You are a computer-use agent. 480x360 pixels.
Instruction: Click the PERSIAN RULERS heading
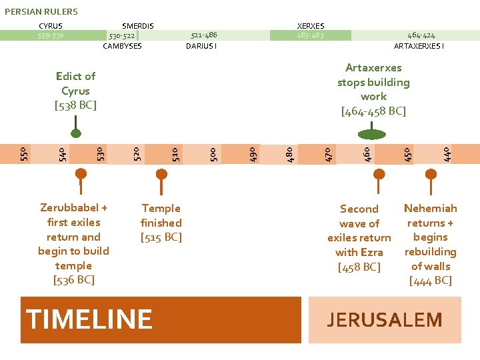(x=41, y=11)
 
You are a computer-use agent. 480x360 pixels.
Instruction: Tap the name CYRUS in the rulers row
(x=51, y=26)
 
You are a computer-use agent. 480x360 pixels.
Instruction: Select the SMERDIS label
(x=138, y=26)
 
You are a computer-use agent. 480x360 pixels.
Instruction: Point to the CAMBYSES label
(x=122, y=46)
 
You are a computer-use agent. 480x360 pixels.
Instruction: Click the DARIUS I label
(x=201, y=46)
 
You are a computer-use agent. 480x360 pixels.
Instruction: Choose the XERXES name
(x=311, y=26)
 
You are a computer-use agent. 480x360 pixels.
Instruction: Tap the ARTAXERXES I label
(x=419, y=46)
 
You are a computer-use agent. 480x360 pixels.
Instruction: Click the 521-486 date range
(x=204, y=35)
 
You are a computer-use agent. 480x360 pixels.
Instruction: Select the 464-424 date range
(x=421, y=35)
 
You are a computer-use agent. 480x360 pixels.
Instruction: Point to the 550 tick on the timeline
(x=23, y=153)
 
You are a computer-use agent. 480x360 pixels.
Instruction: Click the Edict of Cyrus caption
(x=75, y=91)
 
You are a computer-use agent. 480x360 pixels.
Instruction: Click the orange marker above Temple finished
(x=160, y=175)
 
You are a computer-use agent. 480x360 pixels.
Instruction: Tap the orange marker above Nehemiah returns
(x=431, y=175)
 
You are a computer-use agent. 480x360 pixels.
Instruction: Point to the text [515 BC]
(x=161, y=237)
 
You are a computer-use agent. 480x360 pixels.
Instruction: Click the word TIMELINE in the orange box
(x=89, y=319)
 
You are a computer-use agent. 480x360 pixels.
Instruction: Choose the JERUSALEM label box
(x=385, y=320)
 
